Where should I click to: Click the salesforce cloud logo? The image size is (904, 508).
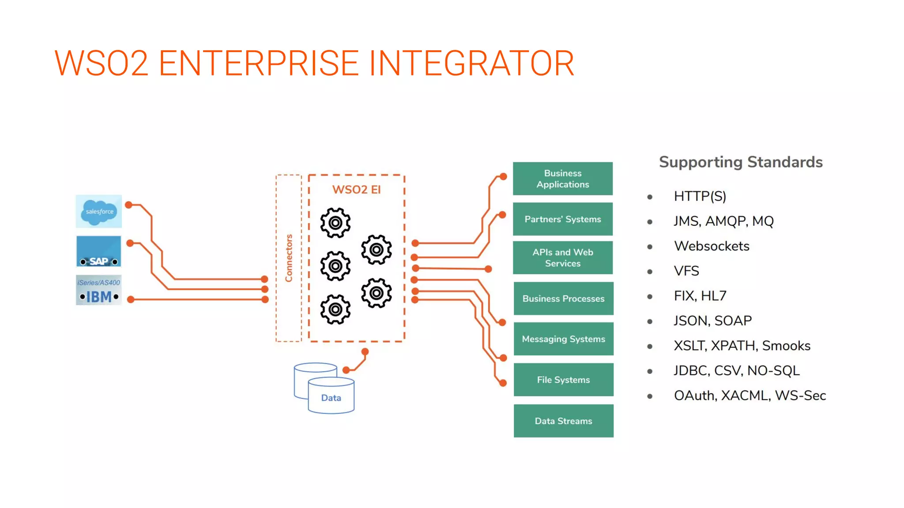pyautogui.click(x=99, y=212)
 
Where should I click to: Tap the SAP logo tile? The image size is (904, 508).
pyautogui.click(x=98, y=251)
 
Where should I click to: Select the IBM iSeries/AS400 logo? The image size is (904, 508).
pyautogui.click(x=98, y=290)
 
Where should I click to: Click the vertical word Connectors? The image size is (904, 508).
pyautogui.click(x=289, y=258)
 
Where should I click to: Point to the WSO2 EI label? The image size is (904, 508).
pyautogui.click(x=356, y=190)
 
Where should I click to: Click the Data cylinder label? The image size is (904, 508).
pyautogui.click(x=331, y=398)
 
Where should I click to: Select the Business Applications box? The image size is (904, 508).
pyautogui.click(x=563, y=179)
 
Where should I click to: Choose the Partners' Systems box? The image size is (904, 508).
pyautogui.click(x=563, y=219)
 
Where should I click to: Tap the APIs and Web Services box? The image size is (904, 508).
pyautogui.click(x=563, y=258)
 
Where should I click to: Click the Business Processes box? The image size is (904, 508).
pyautogui.click(x=563, y=299)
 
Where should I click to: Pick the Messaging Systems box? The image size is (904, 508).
pyautogui.click(x=563, y=339)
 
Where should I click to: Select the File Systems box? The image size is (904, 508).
pyautogui.click(x=563, y=380)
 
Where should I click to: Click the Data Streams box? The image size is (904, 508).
pyautogui.click(x=563, y=421)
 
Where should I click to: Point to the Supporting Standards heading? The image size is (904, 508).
pyautogui.click(x=741, y=162)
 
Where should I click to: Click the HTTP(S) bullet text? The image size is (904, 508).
pyautogui.click(x=700, y=196)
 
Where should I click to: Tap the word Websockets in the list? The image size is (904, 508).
pyautogui.click(x=712, y=246)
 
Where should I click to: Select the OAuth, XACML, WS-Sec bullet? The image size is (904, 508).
pyautogui.click(x=750, y=396)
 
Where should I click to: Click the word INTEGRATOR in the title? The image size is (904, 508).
pyautogui.click(x=471, y=63)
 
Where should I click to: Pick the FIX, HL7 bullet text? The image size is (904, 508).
pyautogui.click(x=700, y=296)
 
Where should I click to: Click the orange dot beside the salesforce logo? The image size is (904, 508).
pyautogui.click(x=129, y=205)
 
